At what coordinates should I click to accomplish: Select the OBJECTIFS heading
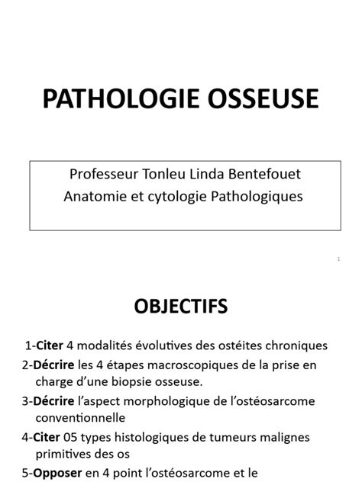pos(181,307)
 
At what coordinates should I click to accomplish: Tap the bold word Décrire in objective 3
pos(53,400)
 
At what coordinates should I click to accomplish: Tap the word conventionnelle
pos(81,419)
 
